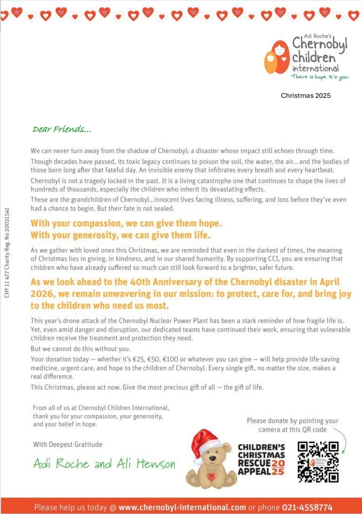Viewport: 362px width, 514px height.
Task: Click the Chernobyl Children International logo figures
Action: (277, 57)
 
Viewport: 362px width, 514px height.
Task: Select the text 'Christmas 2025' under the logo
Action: (305, 96)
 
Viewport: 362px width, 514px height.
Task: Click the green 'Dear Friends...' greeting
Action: (62, 129)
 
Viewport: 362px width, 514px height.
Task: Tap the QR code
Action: (318, 462)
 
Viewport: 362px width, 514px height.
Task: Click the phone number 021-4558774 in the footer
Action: (308, 508)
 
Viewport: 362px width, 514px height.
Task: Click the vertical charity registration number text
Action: (7, 253)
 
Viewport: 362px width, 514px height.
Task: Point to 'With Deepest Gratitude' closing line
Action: (68, 444)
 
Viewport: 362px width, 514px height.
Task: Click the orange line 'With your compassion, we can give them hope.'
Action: (126, 224)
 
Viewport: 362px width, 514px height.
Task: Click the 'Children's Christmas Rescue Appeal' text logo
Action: (262, 459)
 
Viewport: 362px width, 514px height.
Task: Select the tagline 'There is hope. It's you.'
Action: (320, 77)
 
